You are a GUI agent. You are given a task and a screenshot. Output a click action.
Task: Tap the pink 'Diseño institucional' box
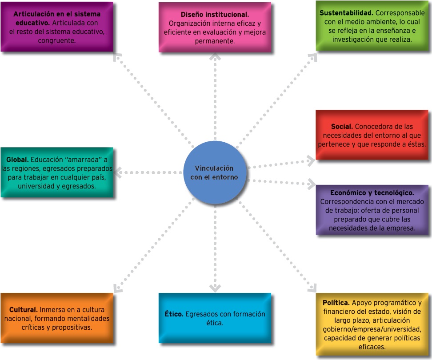[215, 27]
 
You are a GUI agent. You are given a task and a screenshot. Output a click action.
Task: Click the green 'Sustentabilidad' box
[372, 26]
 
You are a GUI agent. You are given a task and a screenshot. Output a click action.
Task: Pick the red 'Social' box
[372, 135]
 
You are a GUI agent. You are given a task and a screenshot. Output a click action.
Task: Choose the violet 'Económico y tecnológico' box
[372, 210]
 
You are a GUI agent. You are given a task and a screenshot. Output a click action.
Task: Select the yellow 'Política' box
[372, 324]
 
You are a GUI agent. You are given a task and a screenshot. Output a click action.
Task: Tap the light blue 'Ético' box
[215, 318]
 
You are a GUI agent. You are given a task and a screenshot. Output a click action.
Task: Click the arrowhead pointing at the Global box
[117, 172]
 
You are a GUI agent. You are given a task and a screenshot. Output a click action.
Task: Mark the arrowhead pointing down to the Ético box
[215, 288]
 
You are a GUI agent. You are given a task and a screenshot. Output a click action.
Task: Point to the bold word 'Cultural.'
[23, 309]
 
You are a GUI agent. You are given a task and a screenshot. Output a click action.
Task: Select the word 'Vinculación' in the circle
[214, 168]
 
